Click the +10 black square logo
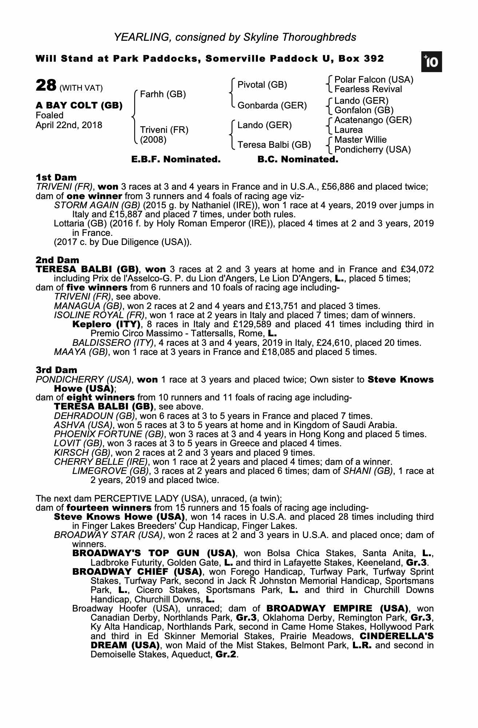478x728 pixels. (x=431, y=62)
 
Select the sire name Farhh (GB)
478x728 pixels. (x=163, y=95)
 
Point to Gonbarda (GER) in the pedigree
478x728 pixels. (x=272, y=106)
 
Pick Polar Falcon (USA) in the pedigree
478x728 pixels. (x=374, y=80)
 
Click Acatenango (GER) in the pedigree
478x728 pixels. (x=373, y=120)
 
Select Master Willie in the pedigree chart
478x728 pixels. (x=360, y=140)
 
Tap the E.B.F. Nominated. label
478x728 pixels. (x=176, y=159)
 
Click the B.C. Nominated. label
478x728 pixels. (x=298, y=159)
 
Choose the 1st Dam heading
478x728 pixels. (x=56, y=178)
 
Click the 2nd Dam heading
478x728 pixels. (x=57, y=260)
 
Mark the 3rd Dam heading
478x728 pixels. (x=56, y=370)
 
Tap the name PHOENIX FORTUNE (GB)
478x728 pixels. (x=108, y=434)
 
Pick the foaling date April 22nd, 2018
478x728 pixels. (x=69, y=126)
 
